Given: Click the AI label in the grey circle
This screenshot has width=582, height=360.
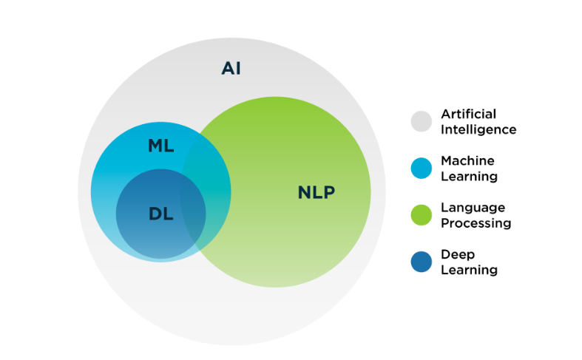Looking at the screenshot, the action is pos(231,68).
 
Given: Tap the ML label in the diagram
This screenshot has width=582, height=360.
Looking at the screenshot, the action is pos(161,146).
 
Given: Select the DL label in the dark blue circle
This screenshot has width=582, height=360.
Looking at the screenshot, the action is pos(161,214).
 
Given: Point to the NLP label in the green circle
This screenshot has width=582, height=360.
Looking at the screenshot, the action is pos(317,192).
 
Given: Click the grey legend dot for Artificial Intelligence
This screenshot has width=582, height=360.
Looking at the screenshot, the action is pos(422,121).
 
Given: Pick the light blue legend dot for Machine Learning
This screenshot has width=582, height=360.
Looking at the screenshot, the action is pos(422,168).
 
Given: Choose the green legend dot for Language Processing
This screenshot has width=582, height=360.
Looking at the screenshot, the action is pos(422,215).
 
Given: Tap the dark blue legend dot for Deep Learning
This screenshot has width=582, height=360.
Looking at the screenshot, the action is pos(422,262).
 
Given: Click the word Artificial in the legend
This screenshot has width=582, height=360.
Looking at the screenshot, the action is pos(468,114).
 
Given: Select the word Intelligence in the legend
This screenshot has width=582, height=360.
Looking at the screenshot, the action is pos(478,130).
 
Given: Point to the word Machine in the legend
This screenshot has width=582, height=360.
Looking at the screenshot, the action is pos(467,160).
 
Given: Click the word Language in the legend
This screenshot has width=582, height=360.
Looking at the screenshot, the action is pos(473,208).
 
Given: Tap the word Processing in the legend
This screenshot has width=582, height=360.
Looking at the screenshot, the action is pos(476,223).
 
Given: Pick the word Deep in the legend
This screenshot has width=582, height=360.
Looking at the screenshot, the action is pos(458,255).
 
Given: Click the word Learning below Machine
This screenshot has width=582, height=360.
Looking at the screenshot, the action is pos(469,177).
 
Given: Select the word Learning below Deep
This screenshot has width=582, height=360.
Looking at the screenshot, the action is pos(469,271).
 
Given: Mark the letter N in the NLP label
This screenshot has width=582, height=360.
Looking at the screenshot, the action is pos(305,192).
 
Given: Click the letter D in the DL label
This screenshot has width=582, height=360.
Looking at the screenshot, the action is pos(155,214).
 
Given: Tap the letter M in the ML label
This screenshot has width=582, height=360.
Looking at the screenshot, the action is pos(156,146).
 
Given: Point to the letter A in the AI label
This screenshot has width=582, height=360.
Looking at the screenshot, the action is pos(229,68).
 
